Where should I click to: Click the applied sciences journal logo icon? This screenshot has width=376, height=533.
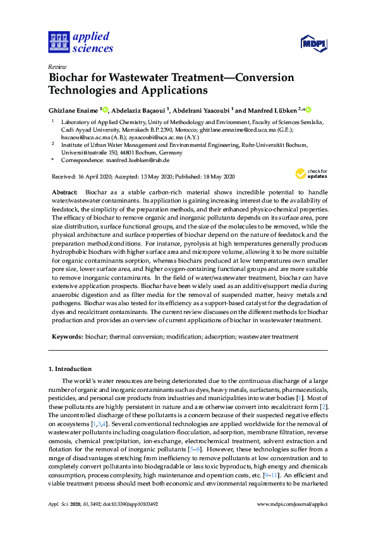pyautogui.click(x=58, y=41)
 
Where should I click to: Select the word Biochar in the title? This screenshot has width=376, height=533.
pyautogui.click(x=70, y=78)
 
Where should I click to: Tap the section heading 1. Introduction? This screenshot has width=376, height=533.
pyautogui.click(x=70, y=368)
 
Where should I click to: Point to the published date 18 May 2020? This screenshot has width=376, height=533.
pyautogui.click(x=218, y=177)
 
